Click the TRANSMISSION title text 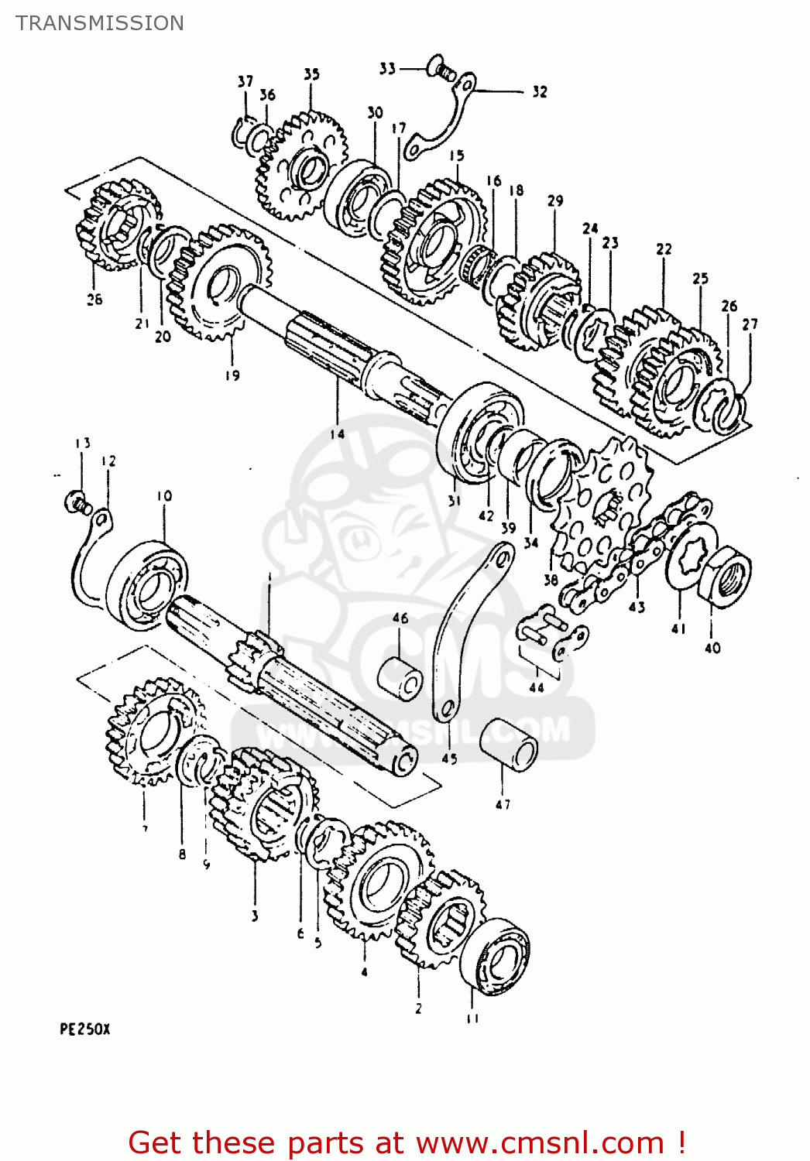100,23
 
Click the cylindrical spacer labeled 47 509,745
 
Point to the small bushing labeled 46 400,676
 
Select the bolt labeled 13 76,502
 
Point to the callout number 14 337,434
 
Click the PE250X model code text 85,1029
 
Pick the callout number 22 664,249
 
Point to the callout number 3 255,916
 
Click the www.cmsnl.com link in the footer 540,1142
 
